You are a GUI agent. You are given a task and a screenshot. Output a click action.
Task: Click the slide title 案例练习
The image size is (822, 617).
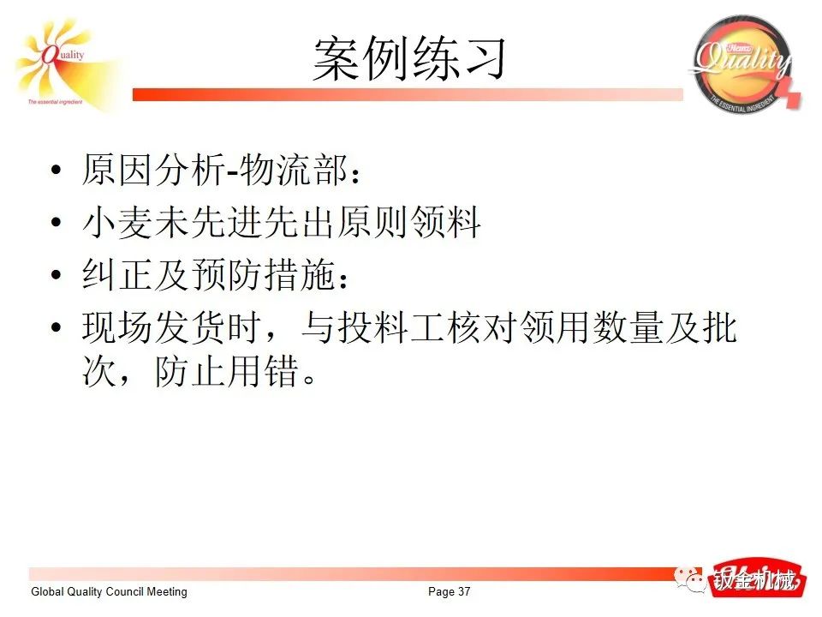coord(410,59)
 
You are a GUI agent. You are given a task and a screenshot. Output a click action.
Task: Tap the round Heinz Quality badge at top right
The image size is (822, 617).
coord(742,63)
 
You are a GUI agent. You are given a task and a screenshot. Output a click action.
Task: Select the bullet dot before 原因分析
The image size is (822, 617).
coord(56,171)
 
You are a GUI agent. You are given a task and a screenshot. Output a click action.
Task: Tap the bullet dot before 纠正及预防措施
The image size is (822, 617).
coord(56,277)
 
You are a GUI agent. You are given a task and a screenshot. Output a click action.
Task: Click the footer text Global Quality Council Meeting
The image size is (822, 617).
coord(109,592)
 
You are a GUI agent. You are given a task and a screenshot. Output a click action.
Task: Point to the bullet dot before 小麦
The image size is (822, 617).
coord(56,225)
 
